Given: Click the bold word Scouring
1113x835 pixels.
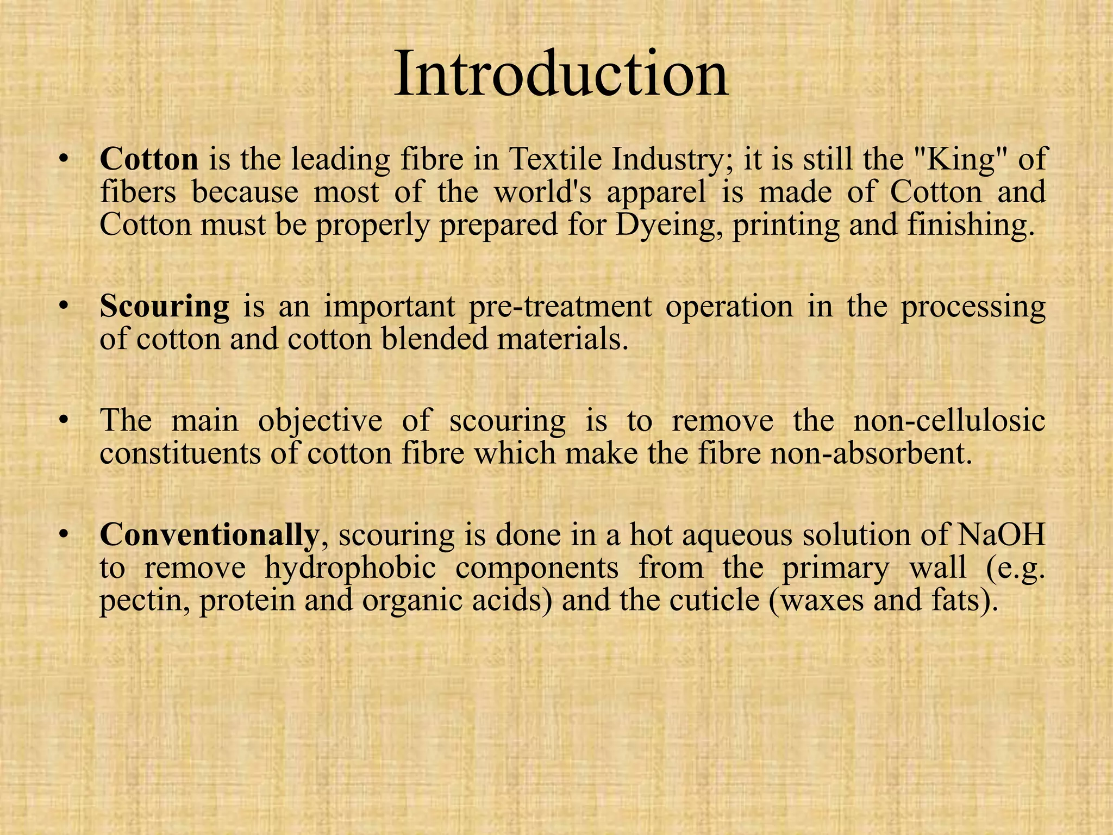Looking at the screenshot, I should tap(165, 307).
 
